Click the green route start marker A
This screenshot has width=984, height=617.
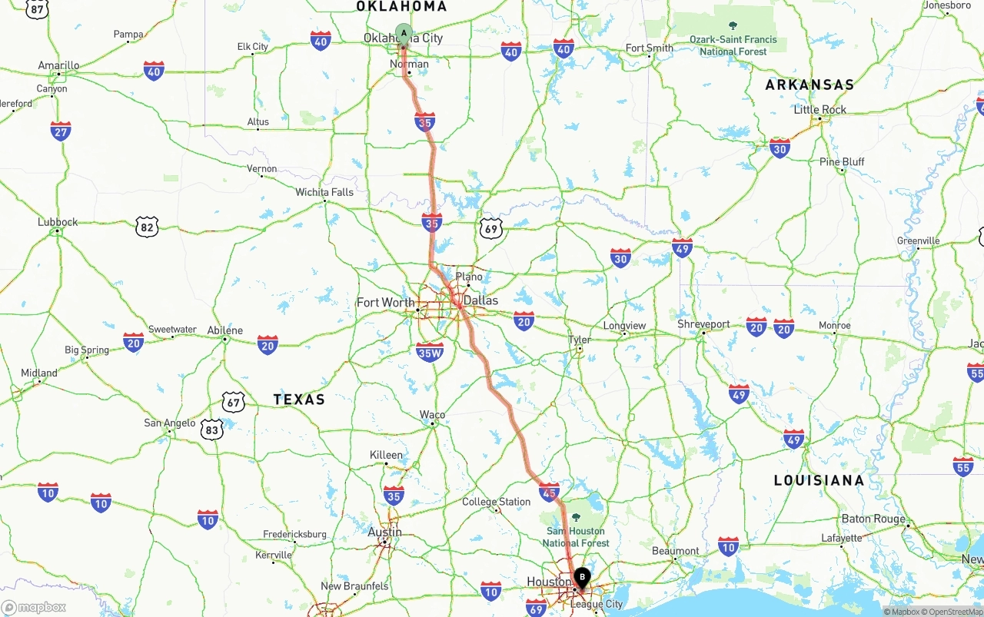point(404,33)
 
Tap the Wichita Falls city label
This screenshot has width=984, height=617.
point(324,192)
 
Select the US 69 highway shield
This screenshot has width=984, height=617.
point(490,228)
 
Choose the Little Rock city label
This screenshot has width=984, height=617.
point(819,110)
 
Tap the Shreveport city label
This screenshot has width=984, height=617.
point(703,324)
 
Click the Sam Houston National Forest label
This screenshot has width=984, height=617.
point(576,537)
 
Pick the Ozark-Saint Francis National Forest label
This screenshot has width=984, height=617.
point(733,45)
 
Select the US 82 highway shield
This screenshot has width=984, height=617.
point(147,226)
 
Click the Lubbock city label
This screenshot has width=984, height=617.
point(58,222)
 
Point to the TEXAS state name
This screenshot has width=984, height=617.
point(299,400)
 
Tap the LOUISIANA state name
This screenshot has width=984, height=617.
point(819,480)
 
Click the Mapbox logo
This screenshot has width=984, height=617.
point(34,607)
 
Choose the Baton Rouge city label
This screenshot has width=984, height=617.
point(873,519)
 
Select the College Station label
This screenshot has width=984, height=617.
point(496,502)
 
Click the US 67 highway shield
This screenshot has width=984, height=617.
point(233,402)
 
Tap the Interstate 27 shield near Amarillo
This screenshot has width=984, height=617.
point(61,131)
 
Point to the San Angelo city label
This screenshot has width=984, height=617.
point(169,423)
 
